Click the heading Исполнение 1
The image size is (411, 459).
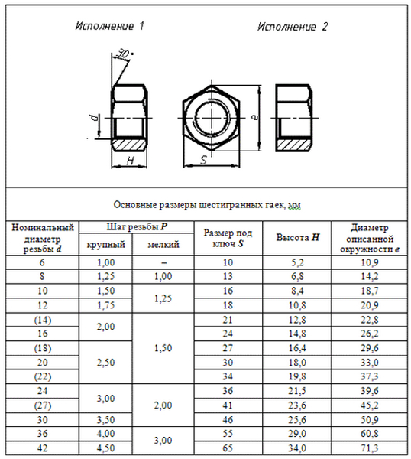click(x=109, y=26)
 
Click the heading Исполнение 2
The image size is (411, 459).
click(x=293, y=27)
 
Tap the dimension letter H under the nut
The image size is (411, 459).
click(x=131, y=160)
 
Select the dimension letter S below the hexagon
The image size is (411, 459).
click(x=204, y=160)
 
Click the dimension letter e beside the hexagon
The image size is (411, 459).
click(x=255, y=117)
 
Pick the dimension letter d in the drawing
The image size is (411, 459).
click(x=94, y=118)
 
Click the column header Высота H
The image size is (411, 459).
click(x=298, y=237)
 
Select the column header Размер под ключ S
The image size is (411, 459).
click(x=228, y=238)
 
